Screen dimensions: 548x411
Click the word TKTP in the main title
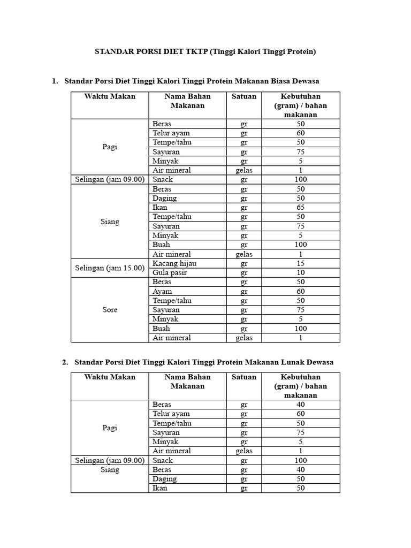(197, 52)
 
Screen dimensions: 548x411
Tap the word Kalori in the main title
(253, 52)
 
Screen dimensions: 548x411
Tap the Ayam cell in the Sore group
(162, 291)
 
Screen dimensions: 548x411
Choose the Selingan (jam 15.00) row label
(110, 268)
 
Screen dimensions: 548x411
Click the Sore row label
(110, 310)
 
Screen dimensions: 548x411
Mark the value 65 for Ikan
(301, 207)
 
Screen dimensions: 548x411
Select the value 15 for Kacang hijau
(301, 263)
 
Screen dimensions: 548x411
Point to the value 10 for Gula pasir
(301, 272)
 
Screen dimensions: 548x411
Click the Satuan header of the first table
(243, 97)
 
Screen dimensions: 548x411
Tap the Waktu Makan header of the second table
(110, 377)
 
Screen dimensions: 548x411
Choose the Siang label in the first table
(110, 222)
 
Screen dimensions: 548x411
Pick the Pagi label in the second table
(110, 428)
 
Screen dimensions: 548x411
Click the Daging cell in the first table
(164, 198)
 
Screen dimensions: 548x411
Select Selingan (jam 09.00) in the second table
(110, 460)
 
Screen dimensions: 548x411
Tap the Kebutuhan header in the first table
(300, 97)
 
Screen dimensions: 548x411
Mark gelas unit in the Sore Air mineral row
(243, 338)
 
